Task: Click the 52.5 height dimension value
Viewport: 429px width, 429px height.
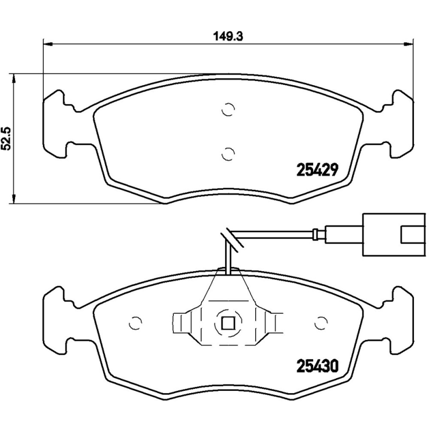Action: click(7, 138)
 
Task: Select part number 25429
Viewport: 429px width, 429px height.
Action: click(316, 170)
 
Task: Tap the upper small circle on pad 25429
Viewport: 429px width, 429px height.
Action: click(228, 109)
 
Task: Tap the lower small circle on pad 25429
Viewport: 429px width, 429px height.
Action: click(228, 153)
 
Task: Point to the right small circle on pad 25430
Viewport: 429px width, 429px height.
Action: click(321, 323)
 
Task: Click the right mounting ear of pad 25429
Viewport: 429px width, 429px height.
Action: click(402, 123)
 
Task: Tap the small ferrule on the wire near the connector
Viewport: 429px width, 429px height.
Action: click(317, 234)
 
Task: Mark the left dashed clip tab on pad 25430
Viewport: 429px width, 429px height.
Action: click(181, 323)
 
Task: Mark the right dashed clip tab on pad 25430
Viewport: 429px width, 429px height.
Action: click(275, 323)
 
